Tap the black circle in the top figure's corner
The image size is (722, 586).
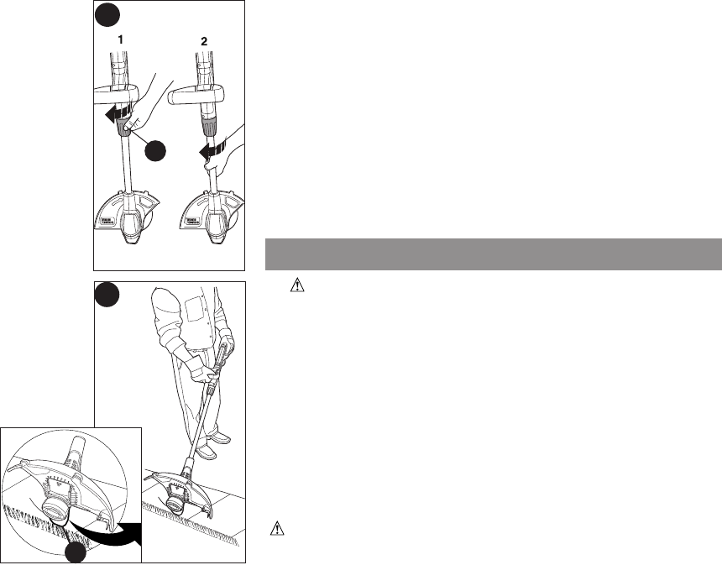point(105,13)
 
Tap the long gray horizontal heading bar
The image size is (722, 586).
point(493,254)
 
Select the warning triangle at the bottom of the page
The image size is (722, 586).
point(276,529)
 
